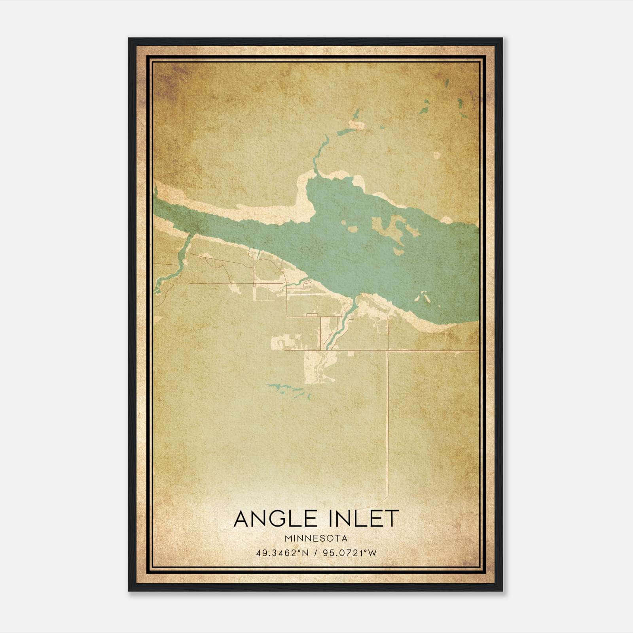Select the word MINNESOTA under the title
(316, 538)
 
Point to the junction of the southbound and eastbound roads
(388, 351)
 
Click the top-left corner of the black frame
(129, 39)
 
